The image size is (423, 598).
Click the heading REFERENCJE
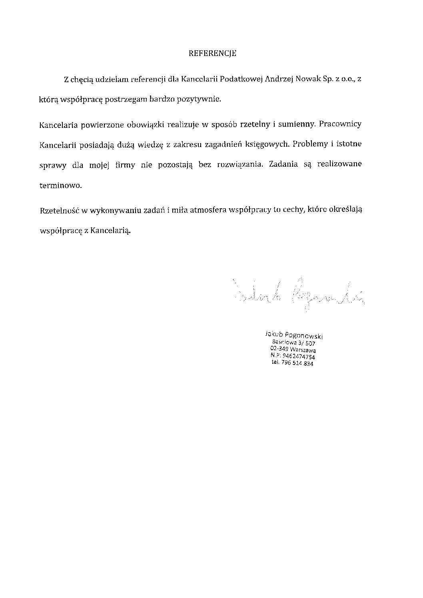(212, 53)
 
